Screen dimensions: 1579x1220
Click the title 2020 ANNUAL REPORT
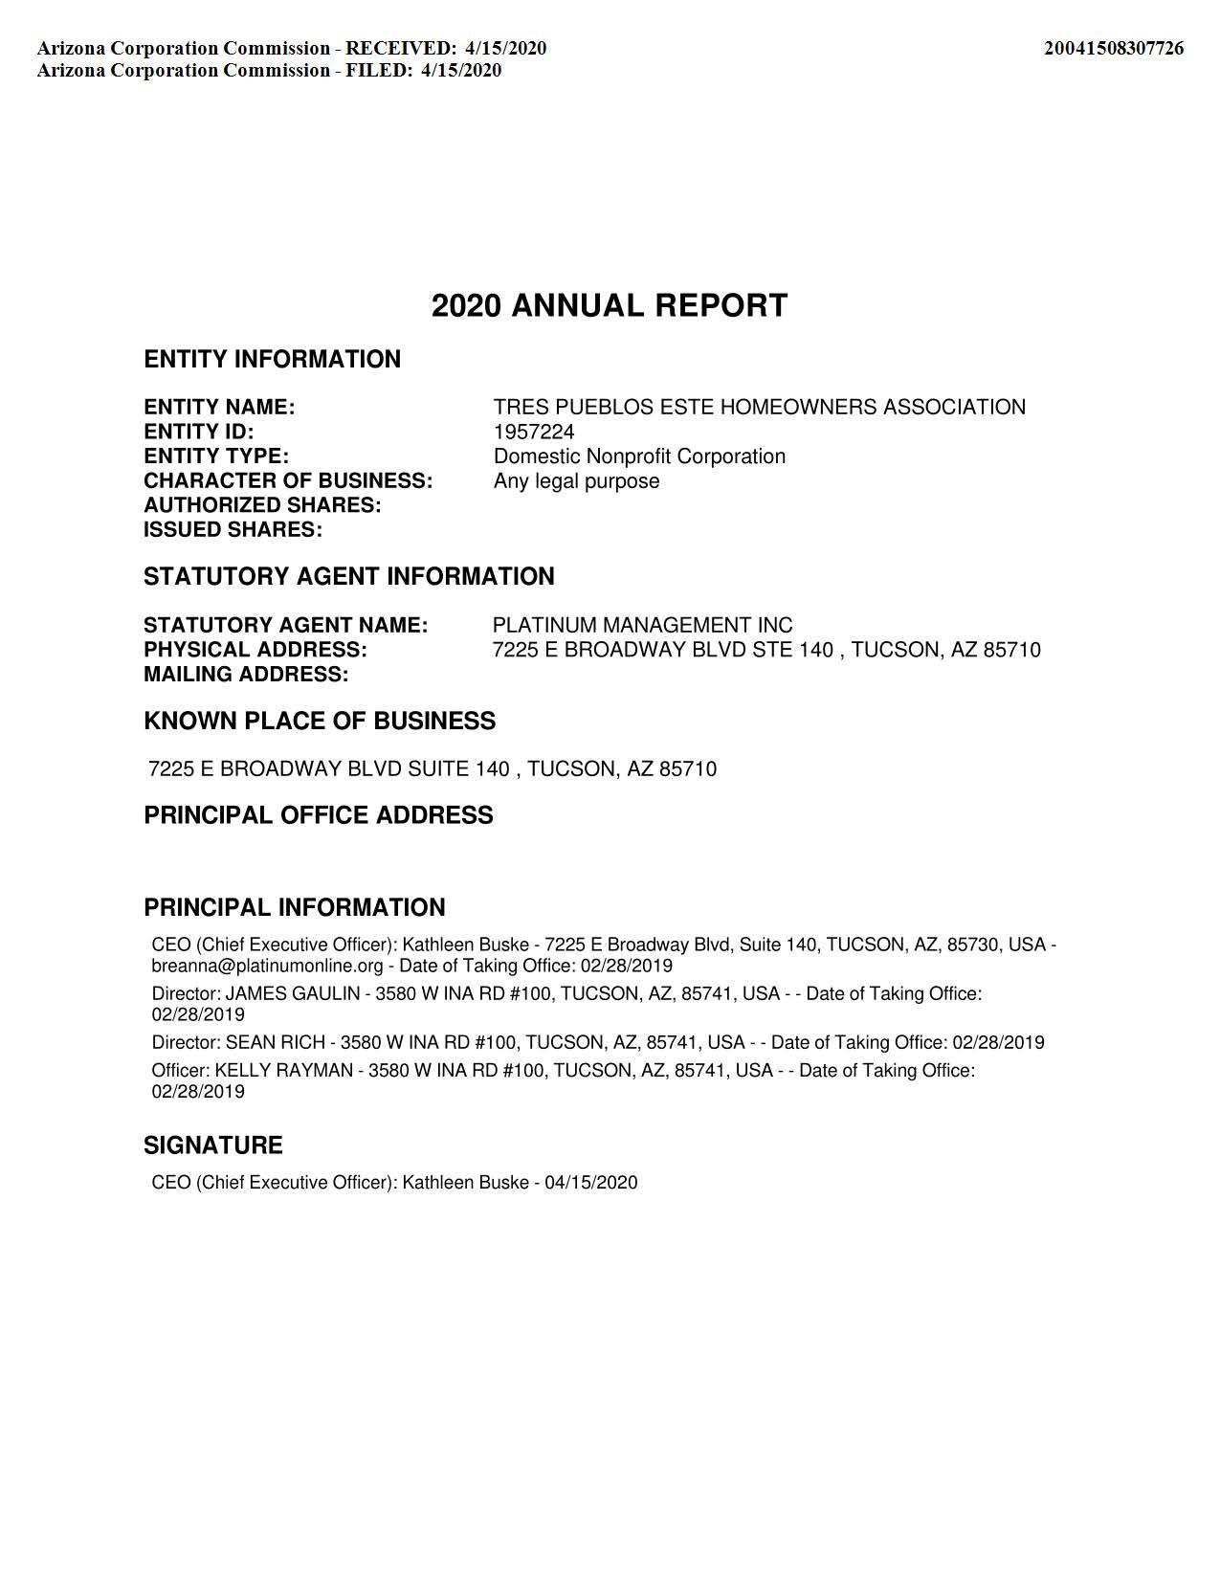point(610,306)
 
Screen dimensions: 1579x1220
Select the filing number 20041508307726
point(1113,48)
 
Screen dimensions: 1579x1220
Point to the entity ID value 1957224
point(534,432)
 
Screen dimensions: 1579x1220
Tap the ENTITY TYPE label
point(216,456)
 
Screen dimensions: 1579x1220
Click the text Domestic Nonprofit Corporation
point(639,456)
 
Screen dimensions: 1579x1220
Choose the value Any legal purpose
point(576,481)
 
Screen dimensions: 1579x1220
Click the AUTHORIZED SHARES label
point(262,505)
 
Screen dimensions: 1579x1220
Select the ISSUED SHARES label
point(233,530)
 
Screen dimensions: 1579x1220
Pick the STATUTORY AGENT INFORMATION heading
point(348,577)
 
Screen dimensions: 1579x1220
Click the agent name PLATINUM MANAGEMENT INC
point(642,626)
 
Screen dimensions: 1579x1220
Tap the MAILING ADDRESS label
point(246,675)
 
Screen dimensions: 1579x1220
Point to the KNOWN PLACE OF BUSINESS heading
point(320,722)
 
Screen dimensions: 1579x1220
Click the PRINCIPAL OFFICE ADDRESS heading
point(319,815)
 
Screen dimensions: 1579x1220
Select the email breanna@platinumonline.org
point(267,966)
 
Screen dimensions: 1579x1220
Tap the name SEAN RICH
point(276,1042)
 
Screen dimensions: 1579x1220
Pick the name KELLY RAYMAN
point(283,1071)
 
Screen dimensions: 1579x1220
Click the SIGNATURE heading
point(213,1145)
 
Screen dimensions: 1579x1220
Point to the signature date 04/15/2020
point(590,1183)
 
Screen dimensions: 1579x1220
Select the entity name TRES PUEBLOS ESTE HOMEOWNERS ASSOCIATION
point(759,408)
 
